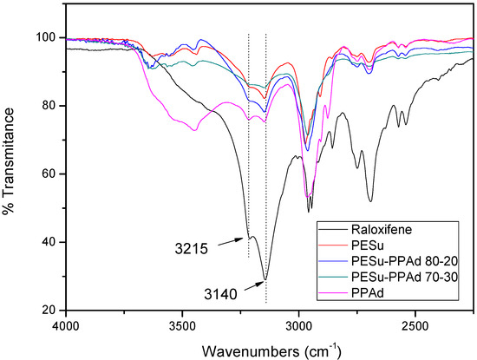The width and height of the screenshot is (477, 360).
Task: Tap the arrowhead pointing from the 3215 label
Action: pyautogui.click(x=245, y=237)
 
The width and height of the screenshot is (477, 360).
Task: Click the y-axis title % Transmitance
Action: pyautogui.click(x=10, y=173)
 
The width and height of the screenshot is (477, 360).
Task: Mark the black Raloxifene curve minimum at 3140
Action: pyautogui.click(x=265, y=279)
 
